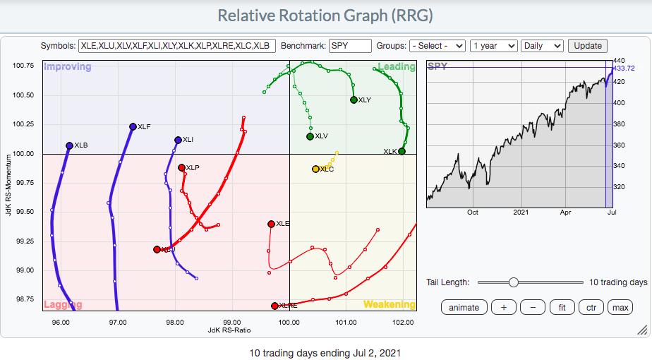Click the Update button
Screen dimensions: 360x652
(588, 45)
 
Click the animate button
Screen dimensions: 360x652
(464, 307)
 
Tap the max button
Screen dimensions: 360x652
(620, 307)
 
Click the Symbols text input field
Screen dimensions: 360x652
(177, 45)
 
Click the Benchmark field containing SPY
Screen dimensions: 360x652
(350, 45)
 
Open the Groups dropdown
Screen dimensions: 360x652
(437, 45)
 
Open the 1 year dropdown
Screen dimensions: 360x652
(493, 45)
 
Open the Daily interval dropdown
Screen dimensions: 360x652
(542, 45)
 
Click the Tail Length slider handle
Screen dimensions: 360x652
(514, 282)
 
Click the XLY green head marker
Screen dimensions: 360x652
(354, 100)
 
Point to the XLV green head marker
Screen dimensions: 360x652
(310, 136)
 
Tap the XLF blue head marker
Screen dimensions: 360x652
(133, 127)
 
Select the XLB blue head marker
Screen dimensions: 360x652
(69, 146)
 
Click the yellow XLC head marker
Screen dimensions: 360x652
(315, 169)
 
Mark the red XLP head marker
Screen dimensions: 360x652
(181, 168)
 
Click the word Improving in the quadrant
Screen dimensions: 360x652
(68, 67)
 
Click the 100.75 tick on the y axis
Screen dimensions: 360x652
(23, 66)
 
